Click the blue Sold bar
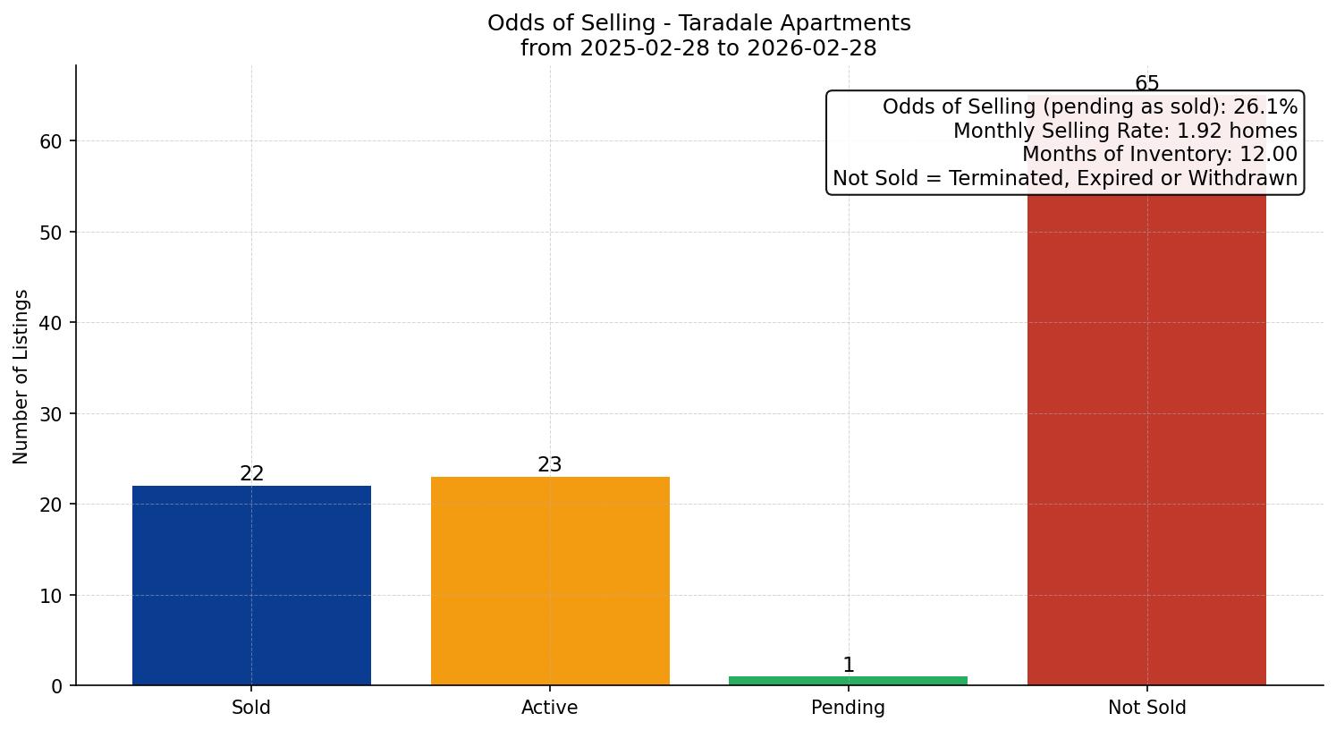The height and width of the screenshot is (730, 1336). (251, 585)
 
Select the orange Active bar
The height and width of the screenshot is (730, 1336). (550, 581)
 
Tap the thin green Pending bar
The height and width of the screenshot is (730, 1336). (848, 681)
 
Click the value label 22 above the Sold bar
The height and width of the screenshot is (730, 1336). (251, 474)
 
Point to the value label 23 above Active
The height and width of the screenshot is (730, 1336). (550, 465)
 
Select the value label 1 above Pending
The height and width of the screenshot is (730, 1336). (848, 666)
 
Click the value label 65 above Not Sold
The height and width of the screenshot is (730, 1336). (1146, 84)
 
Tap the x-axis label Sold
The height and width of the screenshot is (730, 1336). (251, 708)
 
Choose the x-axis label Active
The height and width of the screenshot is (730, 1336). (550, 708)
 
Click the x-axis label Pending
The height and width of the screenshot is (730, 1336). (848, 708)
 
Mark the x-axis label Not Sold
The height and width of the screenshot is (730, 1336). (1146, 708)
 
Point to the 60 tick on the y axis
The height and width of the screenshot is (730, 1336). (51, 141)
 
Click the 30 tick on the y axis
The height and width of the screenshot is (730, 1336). (51, 414)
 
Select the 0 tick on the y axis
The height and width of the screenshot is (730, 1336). (57, 686)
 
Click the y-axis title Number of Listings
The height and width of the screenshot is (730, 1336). (21, 376)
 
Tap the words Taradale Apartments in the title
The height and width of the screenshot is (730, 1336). (795, 23)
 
